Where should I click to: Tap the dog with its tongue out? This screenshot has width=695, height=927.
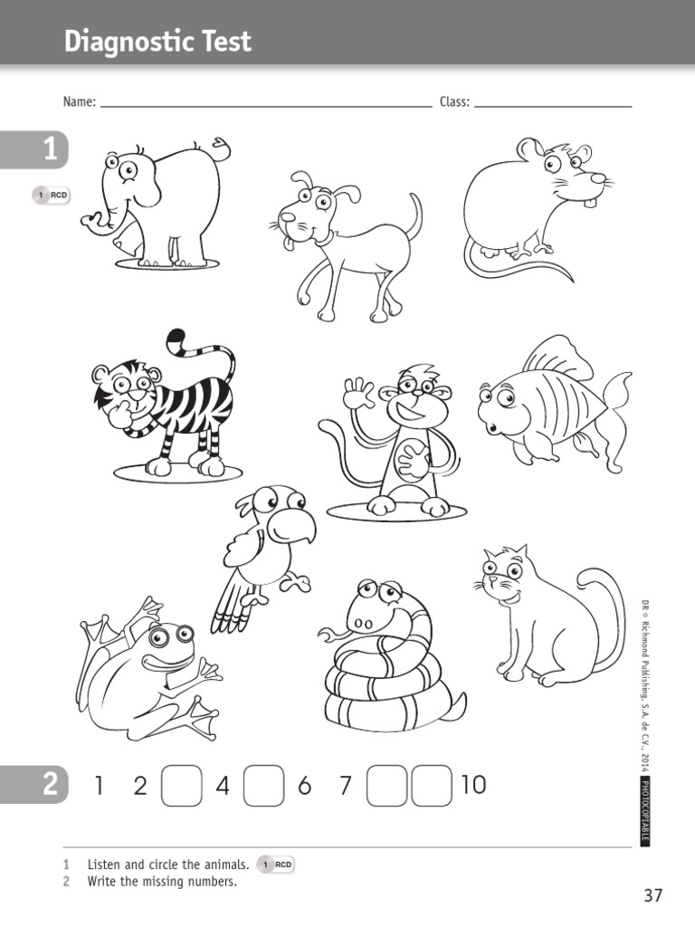tap(348, 244)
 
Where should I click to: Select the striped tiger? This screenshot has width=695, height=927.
tap(172, 403)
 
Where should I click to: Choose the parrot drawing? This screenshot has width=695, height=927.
tap(262, 552)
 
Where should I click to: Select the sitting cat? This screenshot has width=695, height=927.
tap(543, 616)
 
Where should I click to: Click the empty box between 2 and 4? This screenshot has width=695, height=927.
tap(182, 785)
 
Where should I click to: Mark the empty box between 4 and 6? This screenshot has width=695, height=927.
tap(264, 785)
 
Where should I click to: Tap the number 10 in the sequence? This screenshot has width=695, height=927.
tap(473, 785)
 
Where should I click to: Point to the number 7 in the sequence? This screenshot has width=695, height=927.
tap(345, 786)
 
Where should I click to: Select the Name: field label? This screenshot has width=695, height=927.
tap(80, 102)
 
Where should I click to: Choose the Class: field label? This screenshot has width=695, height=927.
tap(455, 102)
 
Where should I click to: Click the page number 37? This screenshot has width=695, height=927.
tap(653, 896)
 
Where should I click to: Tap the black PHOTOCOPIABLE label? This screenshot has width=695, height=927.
tap(645, 811)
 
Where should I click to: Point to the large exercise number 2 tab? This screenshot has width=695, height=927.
tap(50, 785)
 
